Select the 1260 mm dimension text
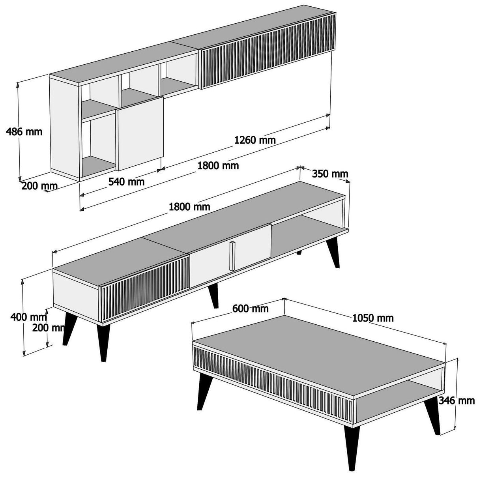click(x=255, y=140)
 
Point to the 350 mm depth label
click(x=330, y=174)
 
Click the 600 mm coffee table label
click(x=251, y=309)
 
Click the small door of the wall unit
click(x=140, y=132)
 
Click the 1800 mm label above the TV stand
click(x=189, y=206)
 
